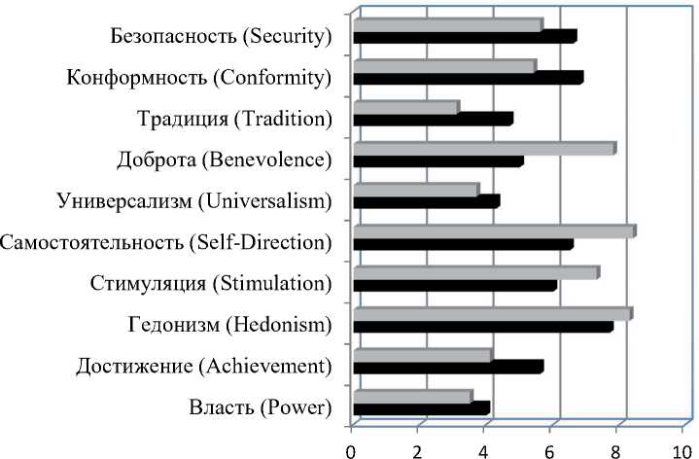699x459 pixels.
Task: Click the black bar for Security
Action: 465,37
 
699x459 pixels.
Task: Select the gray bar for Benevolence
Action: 483,149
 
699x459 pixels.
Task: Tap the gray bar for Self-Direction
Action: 494,231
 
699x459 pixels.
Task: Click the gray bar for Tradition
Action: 405,107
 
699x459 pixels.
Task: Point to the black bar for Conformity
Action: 468,78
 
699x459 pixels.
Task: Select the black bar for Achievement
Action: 448,367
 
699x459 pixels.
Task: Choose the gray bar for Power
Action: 412,396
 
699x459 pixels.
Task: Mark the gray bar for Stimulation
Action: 475,272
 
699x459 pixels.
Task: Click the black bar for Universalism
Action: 426,201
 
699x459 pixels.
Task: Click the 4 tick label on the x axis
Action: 484,449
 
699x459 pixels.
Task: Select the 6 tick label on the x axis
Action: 550,449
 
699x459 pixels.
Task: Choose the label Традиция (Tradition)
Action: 234,119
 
